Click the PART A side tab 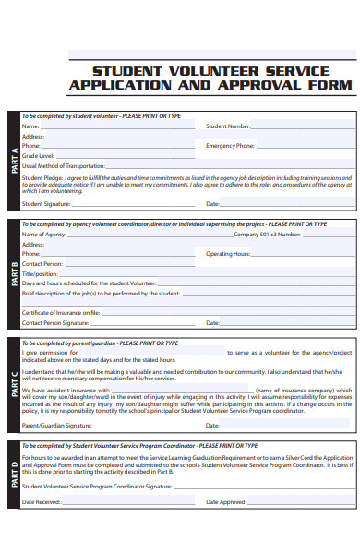pyautogui.click(x=12, y=162)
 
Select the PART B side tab pyautogui.click(x=12, y=274)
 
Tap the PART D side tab pyautogui.click(x=12, y=475)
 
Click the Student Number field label pyautogui.click(x=228, y=126)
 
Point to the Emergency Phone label pyautogui.click(x=230, y=146)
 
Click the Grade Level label pyautogui.click(x=38, y=156)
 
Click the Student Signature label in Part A pyautogui.click(x=46, y=203)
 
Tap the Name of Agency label pyautogui.click(x=43, y=235)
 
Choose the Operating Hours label pyautogui.click(x=228, y=253)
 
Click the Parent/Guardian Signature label pyautogui.click(x=57, y=426)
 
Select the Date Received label pyautogui.click(x=41, y=502)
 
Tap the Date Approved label pyautogui.click(x=227, y=502)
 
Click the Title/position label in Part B pyautogui.click(x=40, y=273)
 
